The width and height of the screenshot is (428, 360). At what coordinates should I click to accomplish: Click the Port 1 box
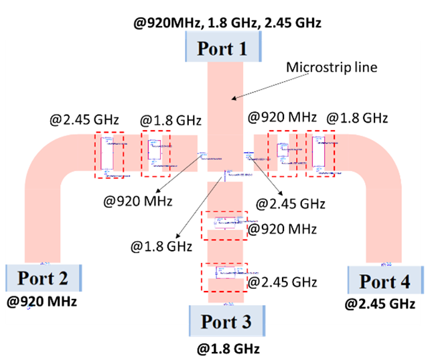(221, 48)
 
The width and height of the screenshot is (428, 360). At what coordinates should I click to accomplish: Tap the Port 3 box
(228, 322)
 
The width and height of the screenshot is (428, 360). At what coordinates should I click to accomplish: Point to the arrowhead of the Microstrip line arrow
(232, 100)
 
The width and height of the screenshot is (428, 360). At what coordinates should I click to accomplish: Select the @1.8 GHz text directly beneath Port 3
(228, 349)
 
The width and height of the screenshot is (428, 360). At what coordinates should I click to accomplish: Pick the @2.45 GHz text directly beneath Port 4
(376, 304)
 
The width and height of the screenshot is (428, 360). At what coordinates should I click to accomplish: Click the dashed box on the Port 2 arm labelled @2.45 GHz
(109, 155)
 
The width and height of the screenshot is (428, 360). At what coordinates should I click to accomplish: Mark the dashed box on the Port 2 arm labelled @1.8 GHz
(155, 153)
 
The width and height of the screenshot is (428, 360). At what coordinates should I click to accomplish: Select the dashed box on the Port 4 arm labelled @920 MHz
(281, 154)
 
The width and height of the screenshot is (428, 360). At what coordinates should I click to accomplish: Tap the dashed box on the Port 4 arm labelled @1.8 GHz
(319, 154)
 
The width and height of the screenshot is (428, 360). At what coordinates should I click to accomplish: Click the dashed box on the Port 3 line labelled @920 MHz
(224, 225)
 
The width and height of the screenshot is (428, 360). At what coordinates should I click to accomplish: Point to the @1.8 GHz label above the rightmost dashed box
(356, 118)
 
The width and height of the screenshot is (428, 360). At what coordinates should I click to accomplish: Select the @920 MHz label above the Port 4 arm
(282, 117)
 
